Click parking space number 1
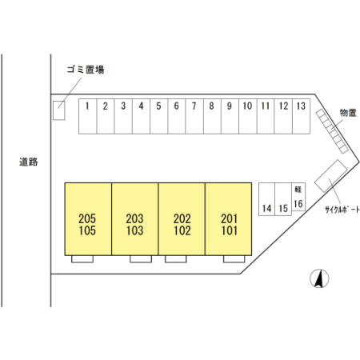tap(87, 116)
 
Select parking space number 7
tap(194, 116)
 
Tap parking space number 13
tap(302, 116)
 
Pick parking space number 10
tap(248, 116)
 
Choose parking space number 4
tap(141, 116)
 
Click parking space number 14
tap(266, 199)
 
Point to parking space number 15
tap(283, 199)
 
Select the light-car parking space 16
tap(298, 197)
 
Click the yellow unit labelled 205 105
tap(88, 219)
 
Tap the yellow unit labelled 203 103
tap(135, 219)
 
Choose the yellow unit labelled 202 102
tap(182, 219)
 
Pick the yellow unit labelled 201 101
tap(229, 219)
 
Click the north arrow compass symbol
tap(319, 278)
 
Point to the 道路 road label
tap(29, 162)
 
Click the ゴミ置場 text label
tap(86, 70)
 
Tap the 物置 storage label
tap(348, 113)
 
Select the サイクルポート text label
tap(342, 210)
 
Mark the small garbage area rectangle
tap(59, 110)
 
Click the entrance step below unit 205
tap(82, 259)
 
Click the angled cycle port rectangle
tap(331, 176)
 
